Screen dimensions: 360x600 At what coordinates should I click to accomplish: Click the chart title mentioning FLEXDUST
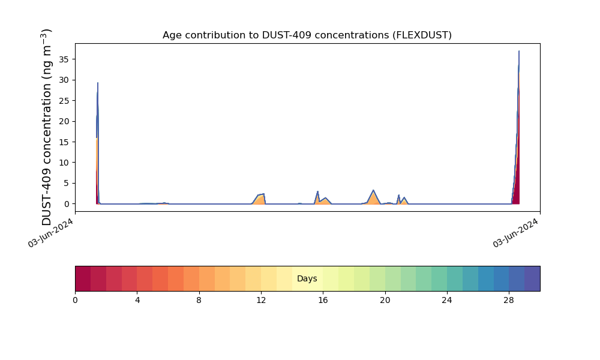click(307, 35)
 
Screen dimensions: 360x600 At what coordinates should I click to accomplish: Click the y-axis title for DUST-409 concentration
click(47, 127)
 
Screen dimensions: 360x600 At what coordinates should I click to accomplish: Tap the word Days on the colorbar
click(307, 279)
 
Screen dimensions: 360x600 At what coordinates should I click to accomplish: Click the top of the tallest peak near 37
click(519, 52)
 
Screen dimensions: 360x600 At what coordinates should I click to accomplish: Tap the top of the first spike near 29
click(98, 83)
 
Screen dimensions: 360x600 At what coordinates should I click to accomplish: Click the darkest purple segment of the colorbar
click(532, 278)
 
